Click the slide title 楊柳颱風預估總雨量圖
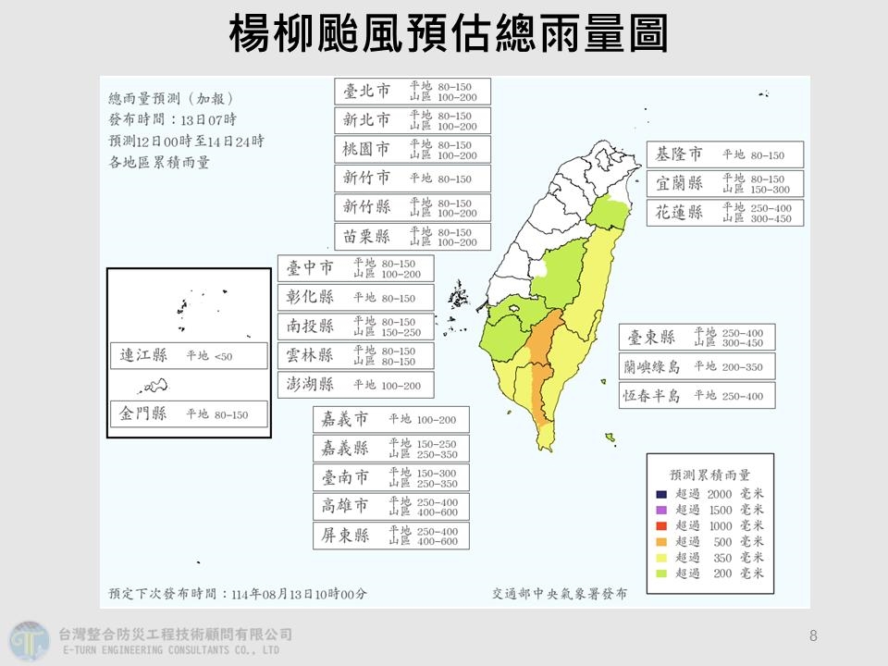click(448, 35)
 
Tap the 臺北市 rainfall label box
click(413, 92)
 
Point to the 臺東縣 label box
click(697, 338)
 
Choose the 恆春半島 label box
click(697, 396)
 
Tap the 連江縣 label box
click(188, 355)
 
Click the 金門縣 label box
click(188, 413)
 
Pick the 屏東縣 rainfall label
click(390, 536)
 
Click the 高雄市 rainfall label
click(390, 506)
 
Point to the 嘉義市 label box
click(390, 420)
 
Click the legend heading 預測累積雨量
click(709, 475)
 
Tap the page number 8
click(813, 636)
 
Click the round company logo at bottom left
click(29, 639)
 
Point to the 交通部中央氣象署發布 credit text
click(559, 594)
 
